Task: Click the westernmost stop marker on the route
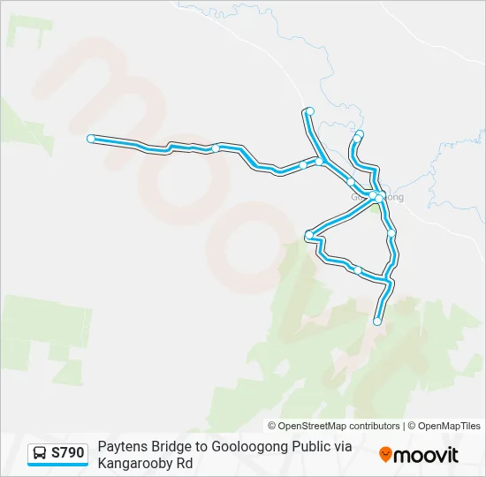(x=91, y=139)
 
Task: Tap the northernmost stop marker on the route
(x=309, y=110)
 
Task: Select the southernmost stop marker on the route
(x=377, y=322)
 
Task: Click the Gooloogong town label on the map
(x=378, y=197)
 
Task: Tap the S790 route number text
(x=68, y=453)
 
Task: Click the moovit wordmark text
(x=426, y=455)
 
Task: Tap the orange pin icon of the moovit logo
(x=385, y=455)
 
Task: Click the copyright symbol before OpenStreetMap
(x=272, y=426)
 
